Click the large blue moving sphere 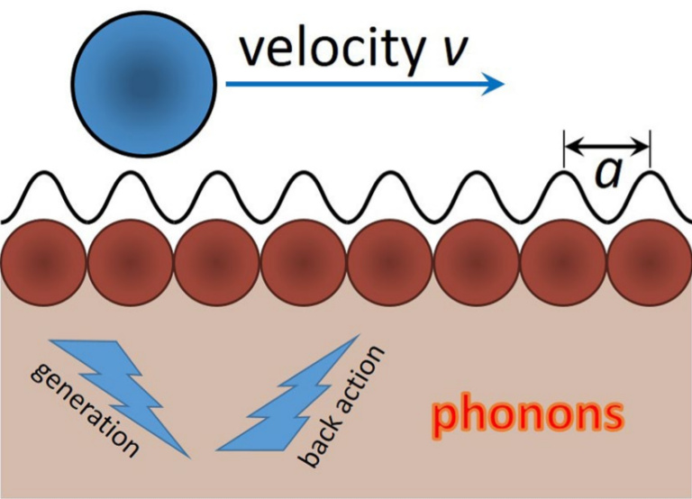[x=143, y=84]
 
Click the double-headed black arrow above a [x=606, y=144]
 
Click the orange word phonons [x=526, y=415]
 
